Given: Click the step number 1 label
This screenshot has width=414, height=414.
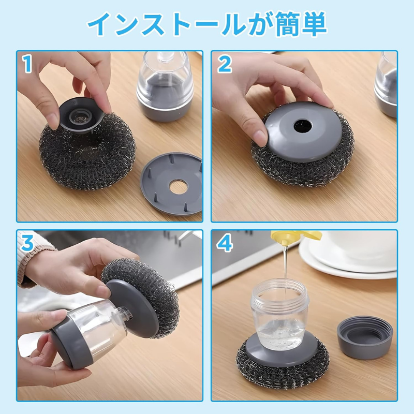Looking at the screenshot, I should [26, 64].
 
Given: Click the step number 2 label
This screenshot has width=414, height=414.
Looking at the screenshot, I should [224, 64].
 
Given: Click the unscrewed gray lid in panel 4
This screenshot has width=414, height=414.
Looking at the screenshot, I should [365, 338].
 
